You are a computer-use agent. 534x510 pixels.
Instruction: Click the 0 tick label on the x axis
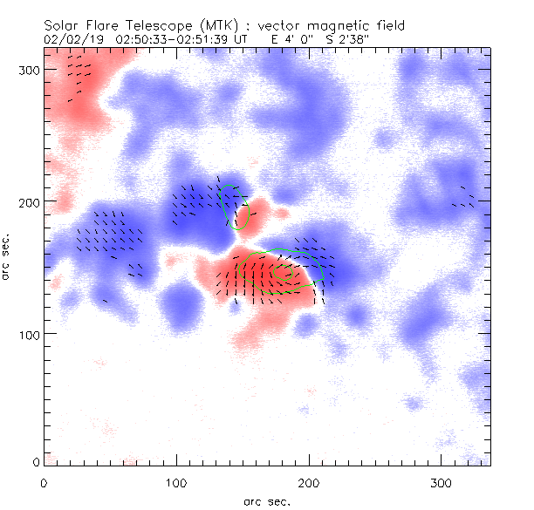(44, 481)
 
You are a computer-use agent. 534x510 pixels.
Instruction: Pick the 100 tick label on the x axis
(176, 481)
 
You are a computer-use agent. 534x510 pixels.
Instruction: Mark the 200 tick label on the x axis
(309, 481)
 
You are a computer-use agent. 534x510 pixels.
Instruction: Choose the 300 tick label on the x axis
(442, 481)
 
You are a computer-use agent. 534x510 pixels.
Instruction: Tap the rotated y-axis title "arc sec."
(6, 257)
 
